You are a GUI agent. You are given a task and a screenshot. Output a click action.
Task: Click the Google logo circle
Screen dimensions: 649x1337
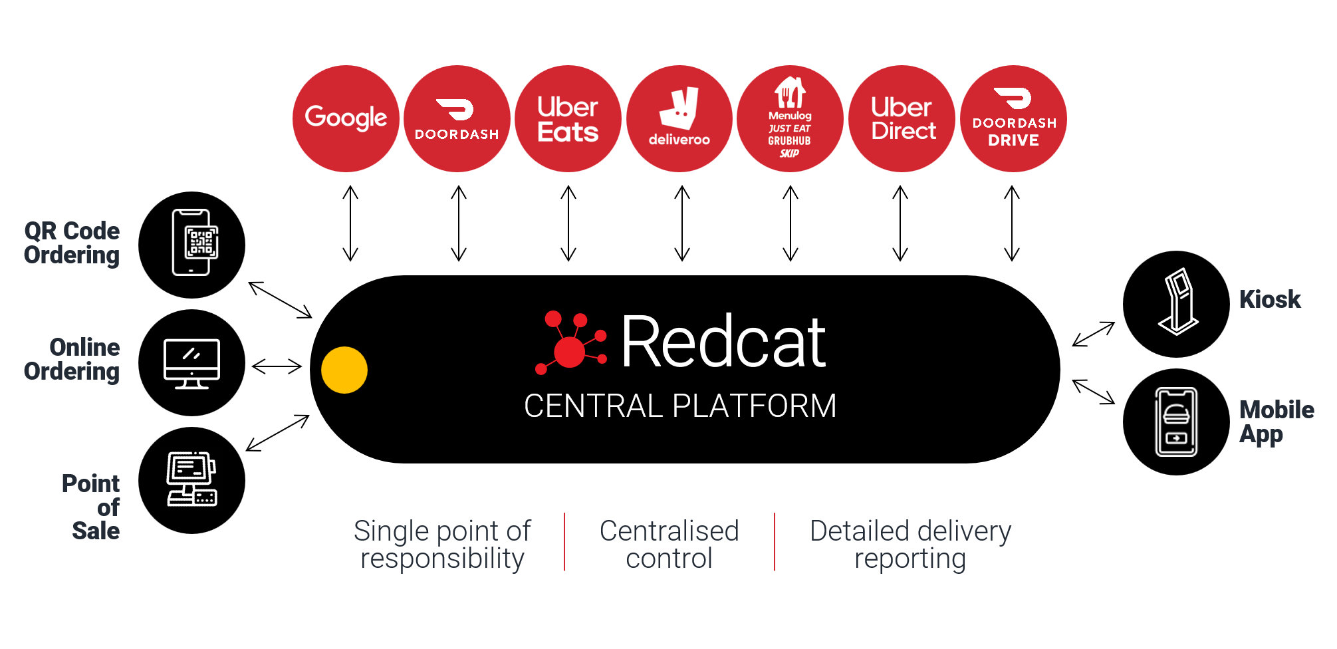[346, 118]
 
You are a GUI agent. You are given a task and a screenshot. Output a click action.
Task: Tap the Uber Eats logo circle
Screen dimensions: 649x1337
[568, 118]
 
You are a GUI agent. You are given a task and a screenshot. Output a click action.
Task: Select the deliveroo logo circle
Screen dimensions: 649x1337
[679, 118]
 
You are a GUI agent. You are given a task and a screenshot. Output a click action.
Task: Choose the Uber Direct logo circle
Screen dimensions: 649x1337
[902, 118]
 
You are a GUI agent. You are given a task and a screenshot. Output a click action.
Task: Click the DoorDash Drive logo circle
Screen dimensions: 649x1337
[1013, 118]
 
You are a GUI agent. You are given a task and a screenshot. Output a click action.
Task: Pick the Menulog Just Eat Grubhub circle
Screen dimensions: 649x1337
[790, 118]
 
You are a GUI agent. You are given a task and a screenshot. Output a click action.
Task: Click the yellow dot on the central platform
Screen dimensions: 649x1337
[344, 370]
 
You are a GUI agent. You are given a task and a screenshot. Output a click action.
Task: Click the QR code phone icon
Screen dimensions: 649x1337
[192, 244]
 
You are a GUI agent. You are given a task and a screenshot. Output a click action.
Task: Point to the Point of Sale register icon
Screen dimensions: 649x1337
[192, 480]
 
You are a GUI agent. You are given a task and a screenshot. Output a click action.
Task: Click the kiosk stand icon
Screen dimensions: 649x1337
[1177, 303]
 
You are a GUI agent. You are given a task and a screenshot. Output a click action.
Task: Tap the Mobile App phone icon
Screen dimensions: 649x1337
[1176, 422]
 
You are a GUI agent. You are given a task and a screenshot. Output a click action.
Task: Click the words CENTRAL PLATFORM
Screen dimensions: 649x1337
[680, 406]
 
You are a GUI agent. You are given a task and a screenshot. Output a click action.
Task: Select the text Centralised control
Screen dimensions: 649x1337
[669, 544]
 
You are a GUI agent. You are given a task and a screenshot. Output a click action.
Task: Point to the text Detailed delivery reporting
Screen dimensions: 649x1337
[910, 544]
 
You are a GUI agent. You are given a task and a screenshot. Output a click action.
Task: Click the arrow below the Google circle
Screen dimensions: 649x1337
[350, 223]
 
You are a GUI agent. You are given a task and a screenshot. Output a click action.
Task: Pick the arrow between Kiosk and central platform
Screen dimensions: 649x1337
[1094, 334]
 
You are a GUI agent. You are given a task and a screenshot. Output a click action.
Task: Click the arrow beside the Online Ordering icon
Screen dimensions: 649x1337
[277, 366]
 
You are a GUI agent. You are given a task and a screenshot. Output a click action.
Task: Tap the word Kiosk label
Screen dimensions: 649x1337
[1270, 299]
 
